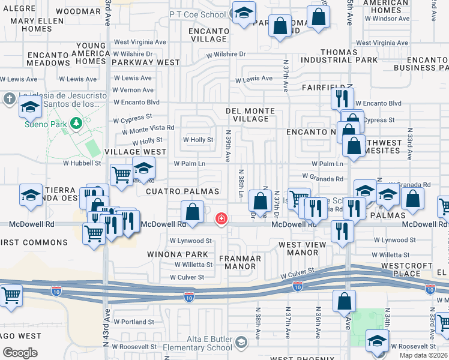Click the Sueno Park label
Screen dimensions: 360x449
[x=43, y=125]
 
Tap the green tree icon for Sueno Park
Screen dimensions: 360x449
[x=76, y=124]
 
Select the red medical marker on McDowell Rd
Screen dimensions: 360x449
[x=221, y=218]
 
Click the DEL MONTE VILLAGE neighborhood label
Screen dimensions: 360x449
[x=250, y=115]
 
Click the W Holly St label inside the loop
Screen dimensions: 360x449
[x=198, y=140]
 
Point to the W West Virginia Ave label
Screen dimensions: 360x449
[x=140, y=42]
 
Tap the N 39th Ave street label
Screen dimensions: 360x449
[x=228, y=147]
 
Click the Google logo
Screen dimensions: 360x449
[x=20, y=352]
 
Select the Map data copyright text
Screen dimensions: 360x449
[x=423, y=355]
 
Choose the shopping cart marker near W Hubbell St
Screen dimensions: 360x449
[x=121, y=175]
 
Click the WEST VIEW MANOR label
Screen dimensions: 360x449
[x=307, y=248]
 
